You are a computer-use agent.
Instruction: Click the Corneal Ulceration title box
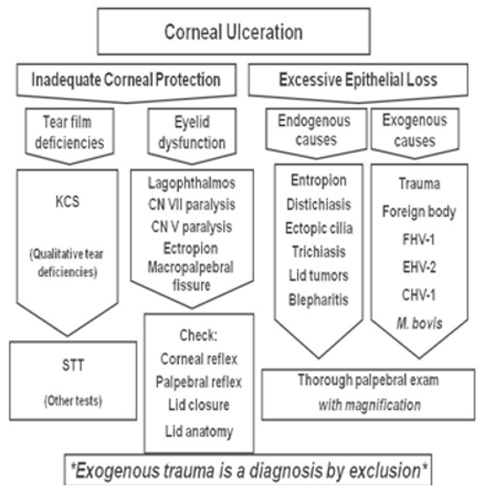pos(234,32)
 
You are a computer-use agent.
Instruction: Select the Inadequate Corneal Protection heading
pos(126,79)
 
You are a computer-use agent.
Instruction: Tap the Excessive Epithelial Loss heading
pos(358,79)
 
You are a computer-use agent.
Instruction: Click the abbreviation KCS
pos(67,201)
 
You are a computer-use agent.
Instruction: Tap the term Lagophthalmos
pos(191,183)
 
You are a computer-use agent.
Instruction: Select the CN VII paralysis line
pos(191,205)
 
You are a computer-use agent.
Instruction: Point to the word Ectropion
pos(190,249)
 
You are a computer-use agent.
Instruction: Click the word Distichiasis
pos(318,205)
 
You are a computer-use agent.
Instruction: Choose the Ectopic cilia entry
pos(318,228)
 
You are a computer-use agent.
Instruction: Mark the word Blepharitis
pos(318,300)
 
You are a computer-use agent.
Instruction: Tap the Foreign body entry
pos(419,212)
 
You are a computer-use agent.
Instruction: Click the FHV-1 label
pos(419,240)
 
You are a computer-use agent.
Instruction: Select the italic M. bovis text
pos(420,323)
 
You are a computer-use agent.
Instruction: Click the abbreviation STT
pos(73,365)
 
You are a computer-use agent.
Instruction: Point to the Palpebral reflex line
pos(198,382)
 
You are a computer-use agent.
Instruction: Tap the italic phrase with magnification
pos(369,405)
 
